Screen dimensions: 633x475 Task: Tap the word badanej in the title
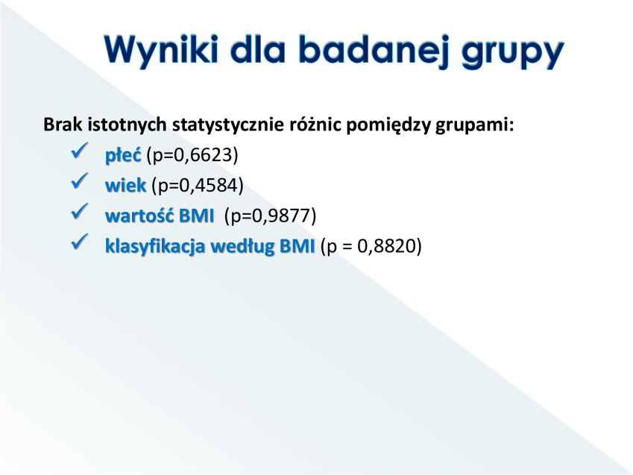(x=374, y=50)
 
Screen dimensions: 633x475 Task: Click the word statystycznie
(x=228, y=125)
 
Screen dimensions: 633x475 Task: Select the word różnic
(x=315, y=124)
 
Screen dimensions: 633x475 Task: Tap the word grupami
(x=474, y=125)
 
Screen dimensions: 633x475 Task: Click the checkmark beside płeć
(x=79, y=151)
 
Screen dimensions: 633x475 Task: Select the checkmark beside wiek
(x=79, y=181)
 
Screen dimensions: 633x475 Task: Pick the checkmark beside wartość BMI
(x=79, y=211)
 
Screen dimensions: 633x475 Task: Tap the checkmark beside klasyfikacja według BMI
(x=79, y=242)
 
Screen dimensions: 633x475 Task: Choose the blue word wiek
(x=125, y=186)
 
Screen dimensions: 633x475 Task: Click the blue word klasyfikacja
(x=155, y=246)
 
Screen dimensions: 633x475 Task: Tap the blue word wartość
(x=139, y=216)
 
